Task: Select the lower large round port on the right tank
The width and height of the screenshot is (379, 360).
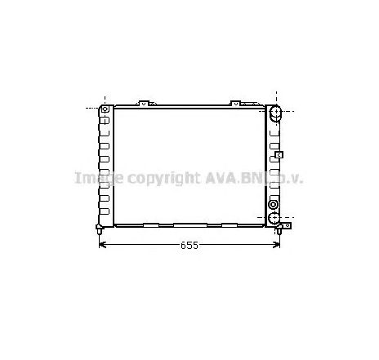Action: click(x=275, y=218)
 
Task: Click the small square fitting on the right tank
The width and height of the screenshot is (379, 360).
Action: click(x=279, y=153)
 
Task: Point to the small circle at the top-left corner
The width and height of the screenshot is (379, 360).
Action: click(x=104, y=109)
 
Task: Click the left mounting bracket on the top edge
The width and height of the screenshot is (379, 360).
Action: click(x=144, y=103)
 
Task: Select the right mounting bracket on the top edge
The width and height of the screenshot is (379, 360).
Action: click(x=235, y=103)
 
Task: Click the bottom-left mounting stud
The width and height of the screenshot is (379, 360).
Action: click(x=99, y=233)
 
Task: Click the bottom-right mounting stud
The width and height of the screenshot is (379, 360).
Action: click(x=279, y=233)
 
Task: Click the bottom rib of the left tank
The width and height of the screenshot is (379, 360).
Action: click(x=104, y=214)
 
